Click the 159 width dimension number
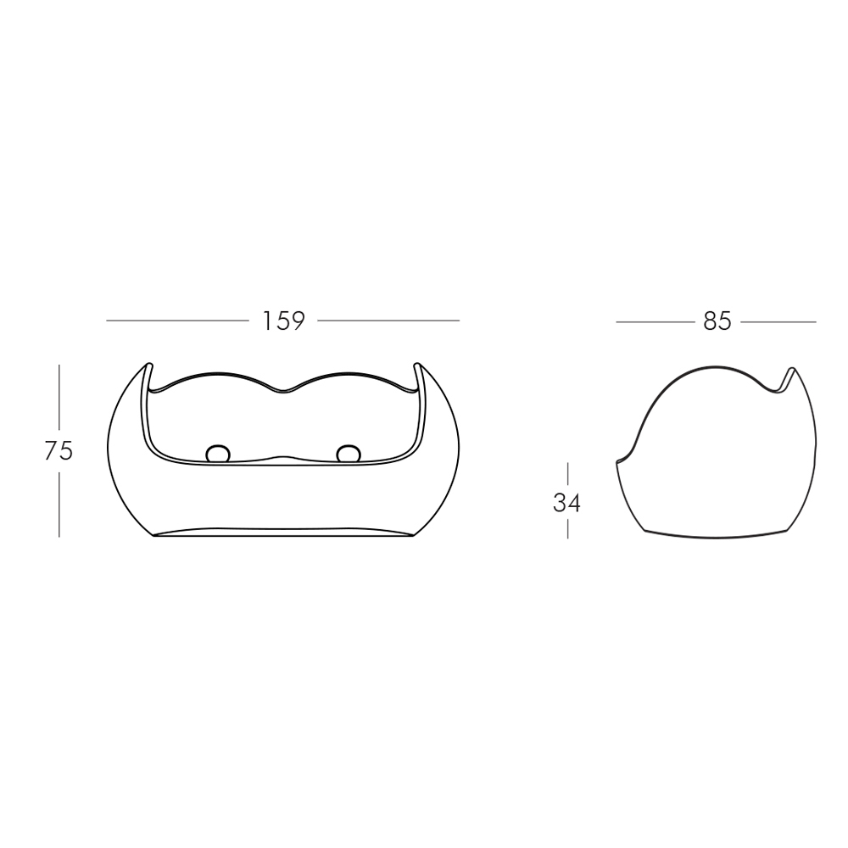click(x=283, y=321)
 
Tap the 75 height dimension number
click(x=59, y=450)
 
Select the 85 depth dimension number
click(x=717, y=321)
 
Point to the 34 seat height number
click(x=566, y=504)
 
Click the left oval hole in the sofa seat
click(x=218, y=454)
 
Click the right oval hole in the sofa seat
click(x=348, y=454)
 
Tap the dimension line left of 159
click(x=177, y=321)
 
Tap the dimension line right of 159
click(x=388, y=321)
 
